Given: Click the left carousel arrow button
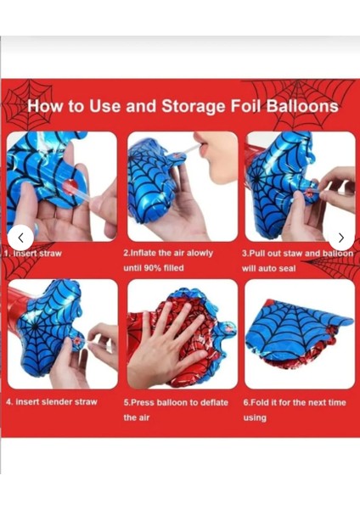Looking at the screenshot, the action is tap(20, 238).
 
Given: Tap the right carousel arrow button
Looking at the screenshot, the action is tap(340, 238).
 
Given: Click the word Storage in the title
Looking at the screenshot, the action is tap(193, 107).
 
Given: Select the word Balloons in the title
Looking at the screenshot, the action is tap(302, 106).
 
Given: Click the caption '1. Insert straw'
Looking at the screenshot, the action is tap(33, 254).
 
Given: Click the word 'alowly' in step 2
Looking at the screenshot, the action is tap(200, 253).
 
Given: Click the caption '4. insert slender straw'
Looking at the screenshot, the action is tap(52, 402).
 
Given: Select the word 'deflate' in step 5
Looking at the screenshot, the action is tap(214, 402).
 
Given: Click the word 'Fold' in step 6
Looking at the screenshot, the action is tap(261, 402).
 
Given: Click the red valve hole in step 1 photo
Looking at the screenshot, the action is tap(70, 185).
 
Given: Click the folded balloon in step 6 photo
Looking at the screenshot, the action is tap(299, 334).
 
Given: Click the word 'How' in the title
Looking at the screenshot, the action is tap(46, 106).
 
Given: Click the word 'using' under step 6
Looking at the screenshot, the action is tap(255, 417).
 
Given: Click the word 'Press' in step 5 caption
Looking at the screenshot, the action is tap(143, 402).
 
